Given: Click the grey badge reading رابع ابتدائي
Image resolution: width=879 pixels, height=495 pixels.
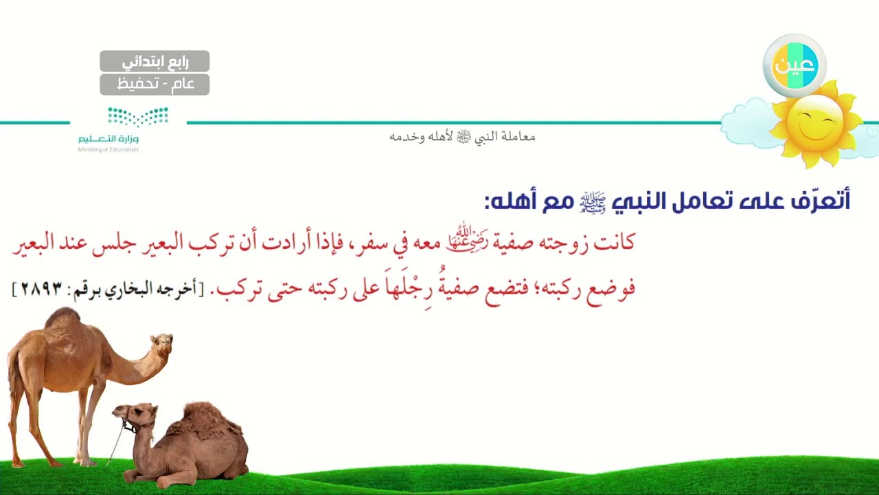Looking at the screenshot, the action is tap(155, 61).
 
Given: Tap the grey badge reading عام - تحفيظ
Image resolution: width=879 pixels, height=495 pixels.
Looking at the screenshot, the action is tap(155, 85).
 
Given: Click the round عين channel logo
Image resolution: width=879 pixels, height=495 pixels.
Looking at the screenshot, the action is tap(795, 65).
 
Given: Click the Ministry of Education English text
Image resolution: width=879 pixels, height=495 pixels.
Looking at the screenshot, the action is tap(108, 150).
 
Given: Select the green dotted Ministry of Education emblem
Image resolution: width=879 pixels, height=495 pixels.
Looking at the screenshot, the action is tap(138, 117).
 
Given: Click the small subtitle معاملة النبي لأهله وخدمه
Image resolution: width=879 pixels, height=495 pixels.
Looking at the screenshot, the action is tap(462, 137).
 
